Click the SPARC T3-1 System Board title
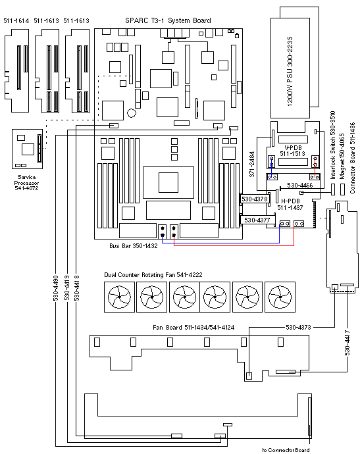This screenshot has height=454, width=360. pos(168,20)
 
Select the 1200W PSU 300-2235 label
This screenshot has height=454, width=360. pos(290,72)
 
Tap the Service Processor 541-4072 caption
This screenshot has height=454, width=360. pos(26,182)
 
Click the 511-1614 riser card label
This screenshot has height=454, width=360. pos(16,21)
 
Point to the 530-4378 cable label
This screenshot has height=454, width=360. pos(255,199)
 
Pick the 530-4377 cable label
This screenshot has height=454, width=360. pos(257,220)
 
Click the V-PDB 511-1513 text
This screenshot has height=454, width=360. pos(293,151)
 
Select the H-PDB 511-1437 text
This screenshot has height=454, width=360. pos(290,204)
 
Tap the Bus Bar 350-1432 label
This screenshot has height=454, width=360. pos(134,246)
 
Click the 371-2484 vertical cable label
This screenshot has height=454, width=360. pos(252,164)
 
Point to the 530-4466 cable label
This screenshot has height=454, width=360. pos(299,186)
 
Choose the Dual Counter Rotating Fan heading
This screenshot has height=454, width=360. pos(153,275)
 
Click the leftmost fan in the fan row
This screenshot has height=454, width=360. pos(119,297)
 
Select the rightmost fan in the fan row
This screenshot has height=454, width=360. pos(280,297)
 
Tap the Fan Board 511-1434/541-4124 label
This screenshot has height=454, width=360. pos(193,328)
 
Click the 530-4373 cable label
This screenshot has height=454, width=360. pos(298,328)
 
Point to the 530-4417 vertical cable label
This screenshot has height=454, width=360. pos(347,343)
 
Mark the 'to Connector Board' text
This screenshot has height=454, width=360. pos(286,450)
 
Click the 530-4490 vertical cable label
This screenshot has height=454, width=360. pos(56,288)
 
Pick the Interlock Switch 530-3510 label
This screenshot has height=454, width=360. pos(333,145)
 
